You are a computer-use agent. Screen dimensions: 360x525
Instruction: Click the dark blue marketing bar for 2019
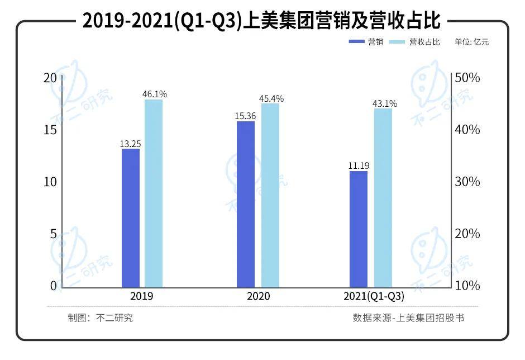click(x=130, y=218)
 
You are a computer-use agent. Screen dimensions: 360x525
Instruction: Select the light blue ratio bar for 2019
click(x=154, y=193)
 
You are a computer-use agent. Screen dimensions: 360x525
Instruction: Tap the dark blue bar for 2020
click(x=246, y=204)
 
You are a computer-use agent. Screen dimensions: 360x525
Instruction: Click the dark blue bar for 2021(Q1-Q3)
click(x=359, y=229)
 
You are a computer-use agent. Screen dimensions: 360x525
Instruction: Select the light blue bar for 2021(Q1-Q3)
click(x=383, y=198)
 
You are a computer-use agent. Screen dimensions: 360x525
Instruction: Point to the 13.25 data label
click(x=130, y=144)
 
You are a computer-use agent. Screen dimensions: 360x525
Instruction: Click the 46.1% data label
click(x=155, y=94)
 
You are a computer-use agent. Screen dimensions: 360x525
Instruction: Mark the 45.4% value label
click(x=271, y=98)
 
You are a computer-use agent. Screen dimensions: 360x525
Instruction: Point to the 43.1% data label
click(x=385, y=103)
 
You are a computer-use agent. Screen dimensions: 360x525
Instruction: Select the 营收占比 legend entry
click(x=416, y=42)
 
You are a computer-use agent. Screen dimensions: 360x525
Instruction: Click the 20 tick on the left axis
click(x=50, y=78)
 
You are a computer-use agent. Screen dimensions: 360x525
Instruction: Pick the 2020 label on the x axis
click(x=258, y=296)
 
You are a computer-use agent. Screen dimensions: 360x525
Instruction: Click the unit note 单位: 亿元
click(x=471, y=42)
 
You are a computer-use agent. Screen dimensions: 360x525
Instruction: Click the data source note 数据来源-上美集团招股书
click(x=408, y=318)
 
